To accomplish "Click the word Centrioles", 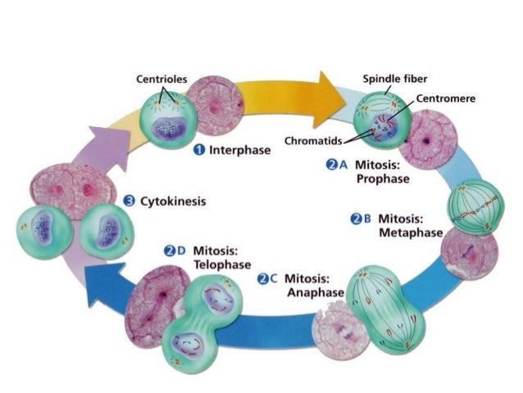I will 162,80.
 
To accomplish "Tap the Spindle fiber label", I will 395,79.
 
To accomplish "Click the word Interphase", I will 240,151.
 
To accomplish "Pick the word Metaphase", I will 407,233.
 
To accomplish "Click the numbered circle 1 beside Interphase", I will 198,151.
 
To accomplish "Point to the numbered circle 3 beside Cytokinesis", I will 129,200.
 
